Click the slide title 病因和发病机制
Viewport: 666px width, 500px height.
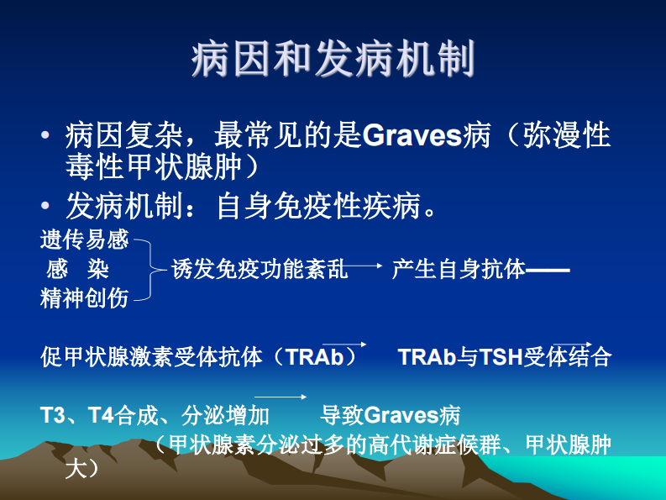point(333,60)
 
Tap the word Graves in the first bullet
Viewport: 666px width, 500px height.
point(411,135)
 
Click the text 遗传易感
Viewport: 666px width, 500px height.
point(84,240)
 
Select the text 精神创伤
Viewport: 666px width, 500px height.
point(84,297)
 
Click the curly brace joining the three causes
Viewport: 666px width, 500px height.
point(148,269)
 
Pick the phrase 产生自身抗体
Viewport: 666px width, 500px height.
point(458,269)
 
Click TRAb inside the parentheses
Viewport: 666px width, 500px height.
point(314,357)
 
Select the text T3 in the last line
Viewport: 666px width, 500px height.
point(52,415)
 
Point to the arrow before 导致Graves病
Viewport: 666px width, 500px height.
point(281,397)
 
